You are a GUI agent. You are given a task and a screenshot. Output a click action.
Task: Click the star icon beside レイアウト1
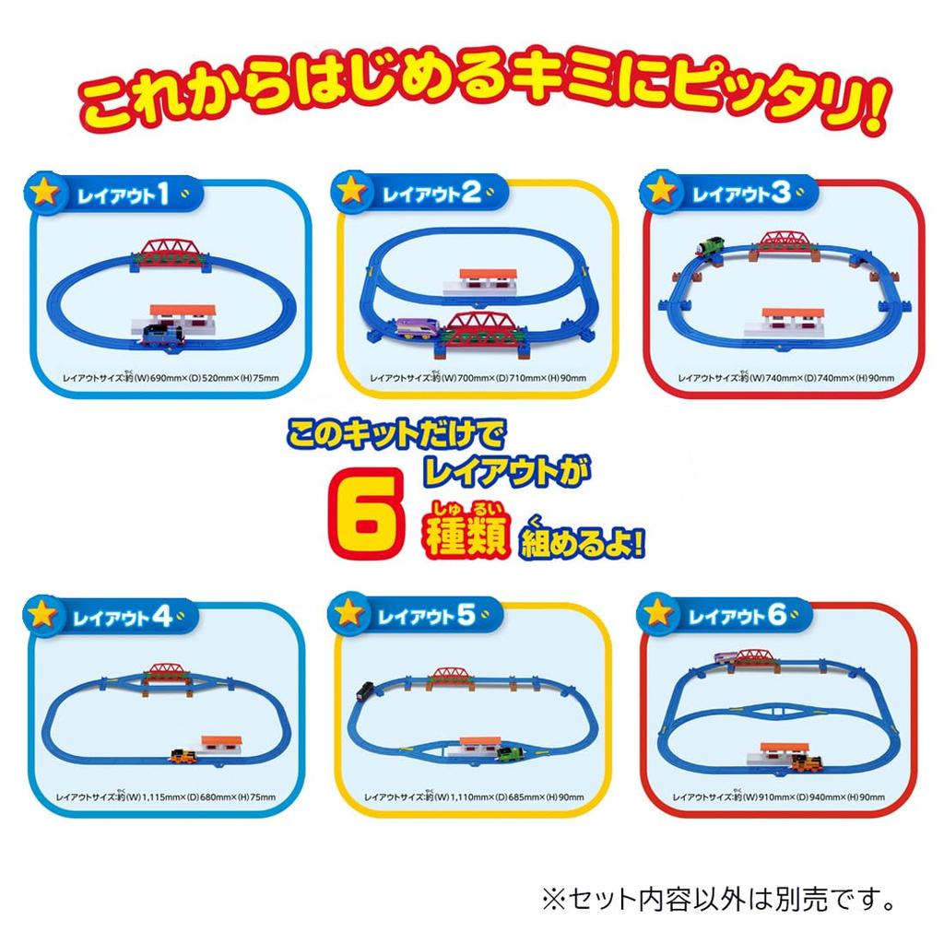pos(44,195)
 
